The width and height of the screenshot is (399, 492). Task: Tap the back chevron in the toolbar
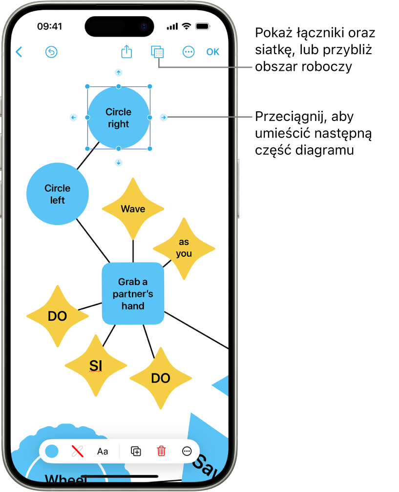(19, 52)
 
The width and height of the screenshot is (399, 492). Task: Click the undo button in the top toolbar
(51, 52)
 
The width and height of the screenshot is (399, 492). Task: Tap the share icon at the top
(126, 52)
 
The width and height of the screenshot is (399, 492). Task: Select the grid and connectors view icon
(157, 52)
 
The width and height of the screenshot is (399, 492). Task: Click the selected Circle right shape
(119, 118)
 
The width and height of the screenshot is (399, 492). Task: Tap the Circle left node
(58, 194)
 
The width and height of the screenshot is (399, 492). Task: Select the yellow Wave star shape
(133, 209)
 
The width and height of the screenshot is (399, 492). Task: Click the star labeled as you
(184, 248)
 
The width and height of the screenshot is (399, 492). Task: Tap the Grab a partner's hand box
(133, 293)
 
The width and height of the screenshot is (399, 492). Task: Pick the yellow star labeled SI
(96, 365)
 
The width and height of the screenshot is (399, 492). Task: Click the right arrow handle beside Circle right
(164, 117)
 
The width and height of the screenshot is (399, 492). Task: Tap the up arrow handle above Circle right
(118, 73)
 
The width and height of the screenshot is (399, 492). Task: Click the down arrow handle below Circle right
(118, 163)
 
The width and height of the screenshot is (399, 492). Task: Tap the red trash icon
(161, 451)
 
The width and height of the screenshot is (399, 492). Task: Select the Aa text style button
(103, 451)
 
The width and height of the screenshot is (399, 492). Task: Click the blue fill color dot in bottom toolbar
(52, 451)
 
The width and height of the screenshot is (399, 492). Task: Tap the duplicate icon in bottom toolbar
(136, 451)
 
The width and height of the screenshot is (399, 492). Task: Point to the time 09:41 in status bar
(49, 26)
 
